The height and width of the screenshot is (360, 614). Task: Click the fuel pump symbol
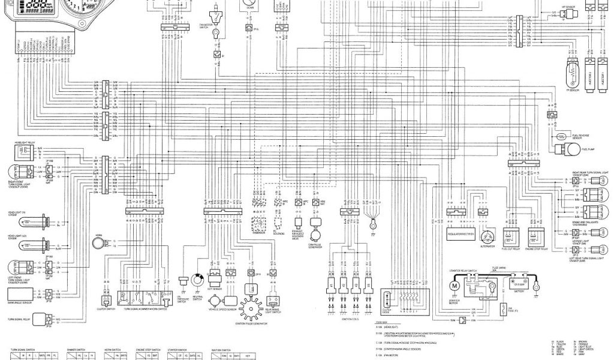point(562,137)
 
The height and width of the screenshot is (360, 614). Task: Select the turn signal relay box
point(40,318)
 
